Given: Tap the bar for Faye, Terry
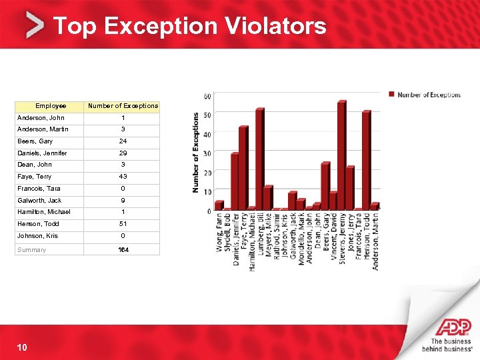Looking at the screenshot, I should coord(243,167).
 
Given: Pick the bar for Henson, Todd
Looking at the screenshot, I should coord(366,160).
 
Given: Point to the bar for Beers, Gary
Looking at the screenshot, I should coord(325,186).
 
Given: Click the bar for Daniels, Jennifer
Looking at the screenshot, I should coord(235,181).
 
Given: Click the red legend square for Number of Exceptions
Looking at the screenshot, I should coord(391,95).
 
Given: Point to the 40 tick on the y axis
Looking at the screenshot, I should coord(207,134).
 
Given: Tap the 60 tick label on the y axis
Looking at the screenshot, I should coord(207,96).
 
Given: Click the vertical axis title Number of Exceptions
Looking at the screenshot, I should coord(196,152).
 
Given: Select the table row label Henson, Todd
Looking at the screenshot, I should coord(38,224).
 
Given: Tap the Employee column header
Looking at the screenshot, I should coord(51,106).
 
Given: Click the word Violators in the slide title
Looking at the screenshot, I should coord(275,26).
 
